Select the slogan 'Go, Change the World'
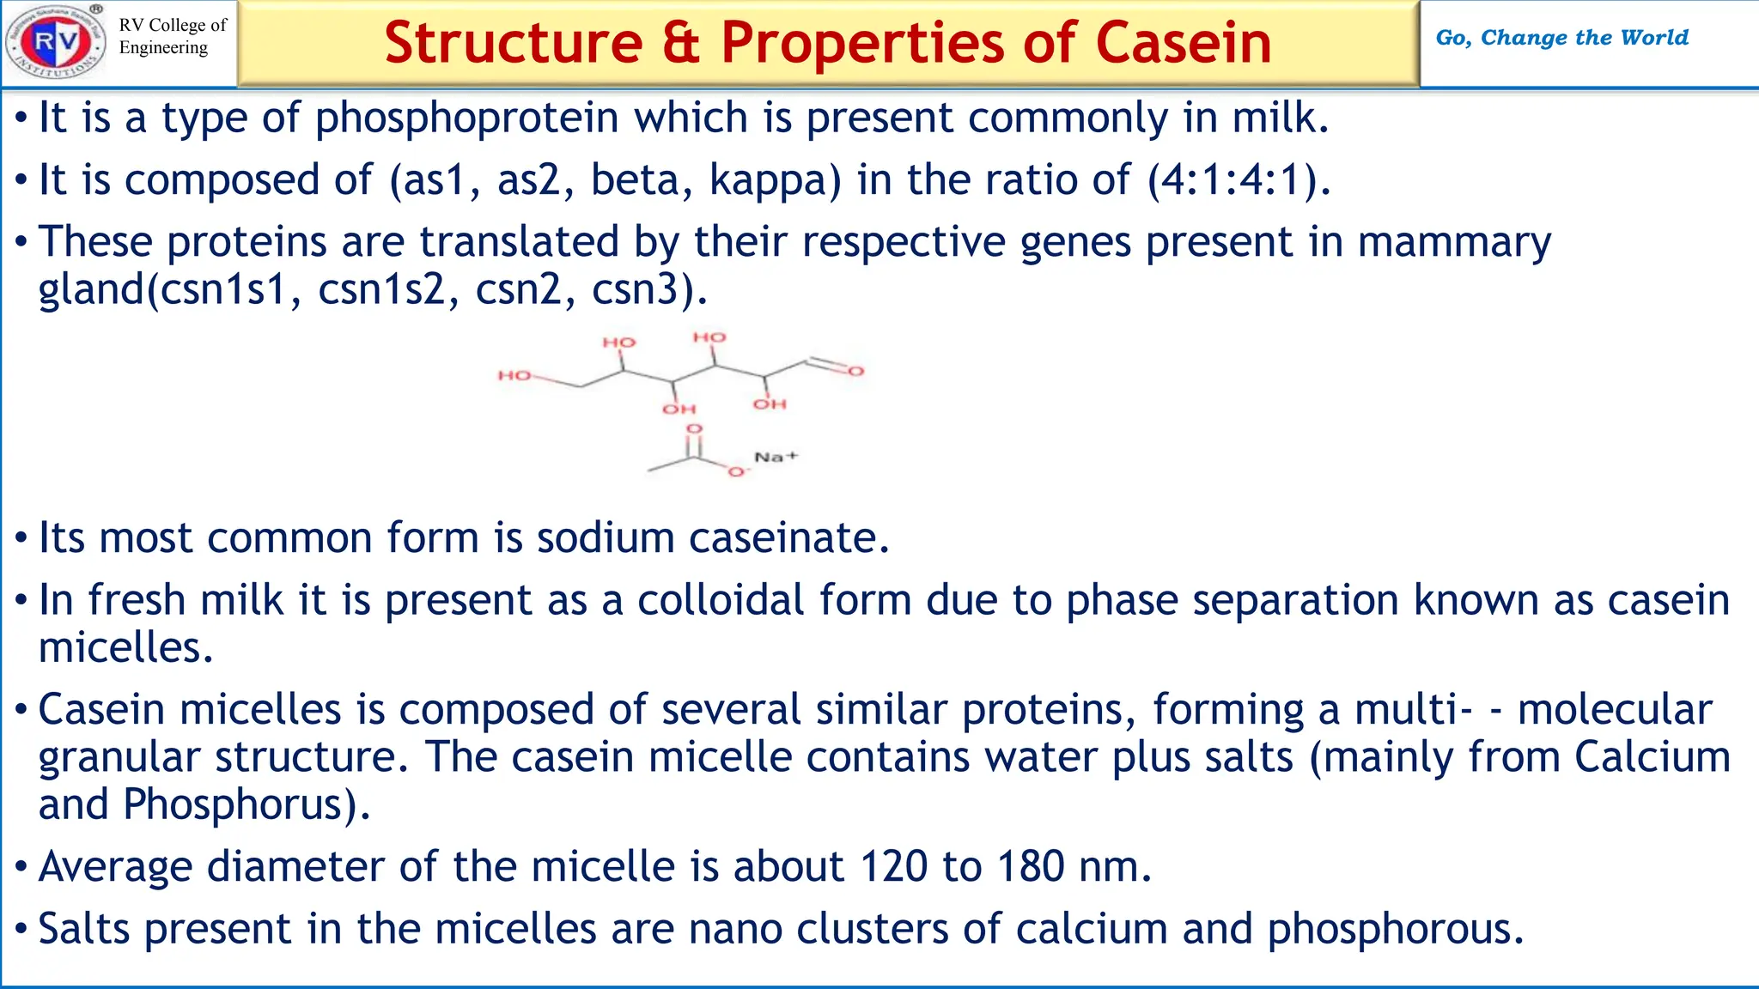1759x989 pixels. point(1561,38)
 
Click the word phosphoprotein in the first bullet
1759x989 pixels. point(467,118)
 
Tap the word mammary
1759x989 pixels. point(1454,243)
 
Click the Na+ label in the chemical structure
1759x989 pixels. point(776,457)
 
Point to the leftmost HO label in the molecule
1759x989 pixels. point(514,375)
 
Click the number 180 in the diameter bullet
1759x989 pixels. point(1031,866)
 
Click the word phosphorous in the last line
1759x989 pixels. point(1395,931)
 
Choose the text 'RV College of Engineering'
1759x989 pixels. point(172,36)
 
